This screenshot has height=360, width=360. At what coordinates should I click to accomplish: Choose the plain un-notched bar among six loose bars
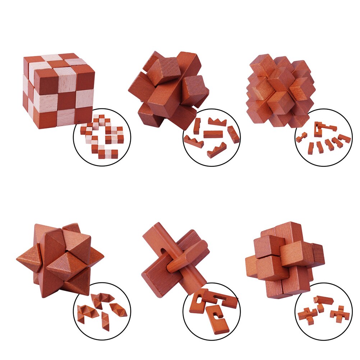click(213, 134)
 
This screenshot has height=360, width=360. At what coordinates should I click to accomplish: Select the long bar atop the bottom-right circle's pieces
click(323, 299)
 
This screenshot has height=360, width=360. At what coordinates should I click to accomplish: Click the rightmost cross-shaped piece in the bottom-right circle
click(340, 313)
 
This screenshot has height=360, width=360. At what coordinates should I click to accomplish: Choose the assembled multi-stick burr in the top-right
click(280, 90)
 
